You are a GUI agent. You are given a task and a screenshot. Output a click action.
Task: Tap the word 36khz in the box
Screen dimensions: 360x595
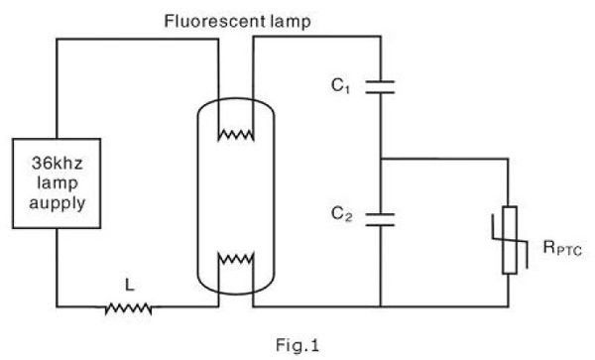click(x=56, y=163)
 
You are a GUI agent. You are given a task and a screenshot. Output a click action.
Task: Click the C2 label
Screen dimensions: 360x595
click(x=342, y=212)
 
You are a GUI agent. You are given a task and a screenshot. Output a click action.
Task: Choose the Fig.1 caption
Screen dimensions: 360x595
click(x=297, y=346)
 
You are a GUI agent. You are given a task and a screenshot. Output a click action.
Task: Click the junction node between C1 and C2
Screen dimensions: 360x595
click(x=381, y=158)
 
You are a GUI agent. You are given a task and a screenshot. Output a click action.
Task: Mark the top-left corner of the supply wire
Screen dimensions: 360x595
click(x=56, y=39)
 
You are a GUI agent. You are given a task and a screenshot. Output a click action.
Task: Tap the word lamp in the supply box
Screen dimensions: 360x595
click(x=56, y=180)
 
